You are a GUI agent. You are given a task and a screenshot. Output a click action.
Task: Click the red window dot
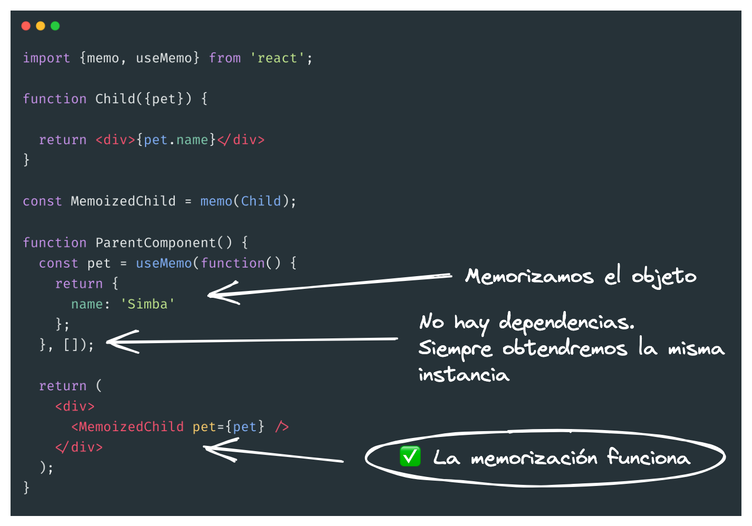click(26, 26)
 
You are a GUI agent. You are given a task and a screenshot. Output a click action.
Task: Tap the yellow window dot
click(41, 26)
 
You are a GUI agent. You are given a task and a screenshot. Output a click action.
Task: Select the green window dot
click(55, 26)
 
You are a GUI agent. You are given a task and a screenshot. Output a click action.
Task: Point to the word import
click(46, 58)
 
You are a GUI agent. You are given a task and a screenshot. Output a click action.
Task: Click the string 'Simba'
click(148, 304)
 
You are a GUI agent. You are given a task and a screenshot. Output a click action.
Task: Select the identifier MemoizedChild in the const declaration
click(123, 201)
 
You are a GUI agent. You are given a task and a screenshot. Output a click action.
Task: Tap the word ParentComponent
click(156, 242)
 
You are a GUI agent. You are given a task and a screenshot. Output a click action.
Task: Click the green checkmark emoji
click(410, 456)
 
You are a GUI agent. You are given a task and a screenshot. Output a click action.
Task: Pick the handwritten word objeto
click(664, 276)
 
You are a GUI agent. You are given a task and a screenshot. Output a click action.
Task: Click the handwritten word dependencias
click(566, 322)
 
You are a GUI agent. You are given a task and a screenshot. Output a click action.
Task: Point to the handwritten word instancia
click(464, 375)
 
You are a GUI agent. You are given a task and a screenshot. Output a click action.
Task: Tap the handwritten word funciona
click(648, 457)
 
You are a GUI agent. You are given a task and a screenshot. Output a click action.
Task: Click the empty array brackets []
click(71, 345)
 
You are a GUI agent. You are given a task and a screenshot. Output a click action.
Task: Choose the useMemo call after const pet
click(163, 263)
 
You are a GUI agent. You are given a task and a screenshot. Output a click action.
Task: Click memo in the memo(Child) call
click(216, 201)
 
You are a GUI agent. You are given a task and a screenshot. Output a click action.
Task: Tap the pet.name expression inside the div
click(176, 140)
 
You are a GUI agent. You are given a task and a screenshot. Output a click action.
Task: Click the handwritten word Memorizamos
click(529, 276)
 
